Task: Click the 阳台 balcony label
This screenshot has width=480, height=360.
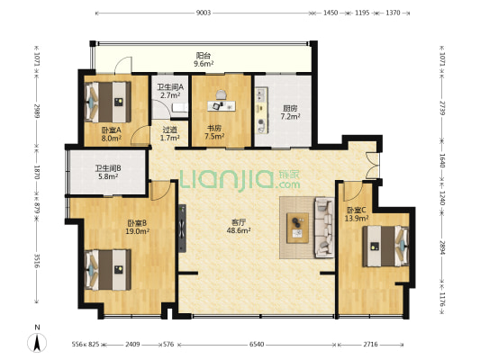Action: coord(204,56)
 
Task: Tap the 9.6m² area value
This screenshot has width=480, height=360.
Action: coord(204,64)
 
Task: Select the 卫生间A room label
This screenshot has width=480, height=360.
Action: coord(170,87)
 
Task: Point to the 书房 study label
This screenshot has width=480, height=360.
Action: coord(214,128)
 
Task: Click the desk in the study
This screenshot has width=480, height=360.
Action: coord(222,106)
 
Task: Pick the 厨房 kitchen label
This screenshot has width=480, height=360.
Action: coord(290,109)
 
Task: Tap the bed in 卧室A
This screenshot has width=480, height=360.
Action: coord(107,102)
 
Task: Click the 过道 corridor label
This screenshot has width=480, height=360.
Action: coord(170,130)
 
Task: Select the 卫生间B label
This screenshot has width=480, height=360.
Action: coord(108,168)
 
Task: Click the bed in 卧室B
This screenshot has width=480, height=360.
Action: coord(107,270)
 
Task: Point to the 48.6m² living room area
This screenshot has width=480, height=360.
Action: coord(239,230)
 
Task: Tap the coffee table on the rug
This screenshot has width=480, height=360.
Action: coord(297,229)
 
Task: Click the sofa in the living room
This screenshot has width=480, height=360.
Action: coord(325,227)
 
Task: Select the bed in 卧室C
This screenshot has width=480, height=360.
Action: coord(385,247)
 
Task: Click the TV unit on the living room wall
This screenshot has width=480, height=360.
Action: coord(182,229)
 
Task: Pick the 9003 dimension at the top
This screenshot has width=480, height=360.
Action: coord(204,13)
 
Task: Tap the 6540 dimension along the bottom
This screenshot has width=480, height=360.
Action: coord(257,345)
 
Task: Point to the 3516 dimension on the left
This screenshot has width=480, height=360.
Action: coord(36,261)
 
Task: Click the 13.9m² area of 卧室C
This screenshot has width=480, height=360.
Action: coord(357,219)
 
